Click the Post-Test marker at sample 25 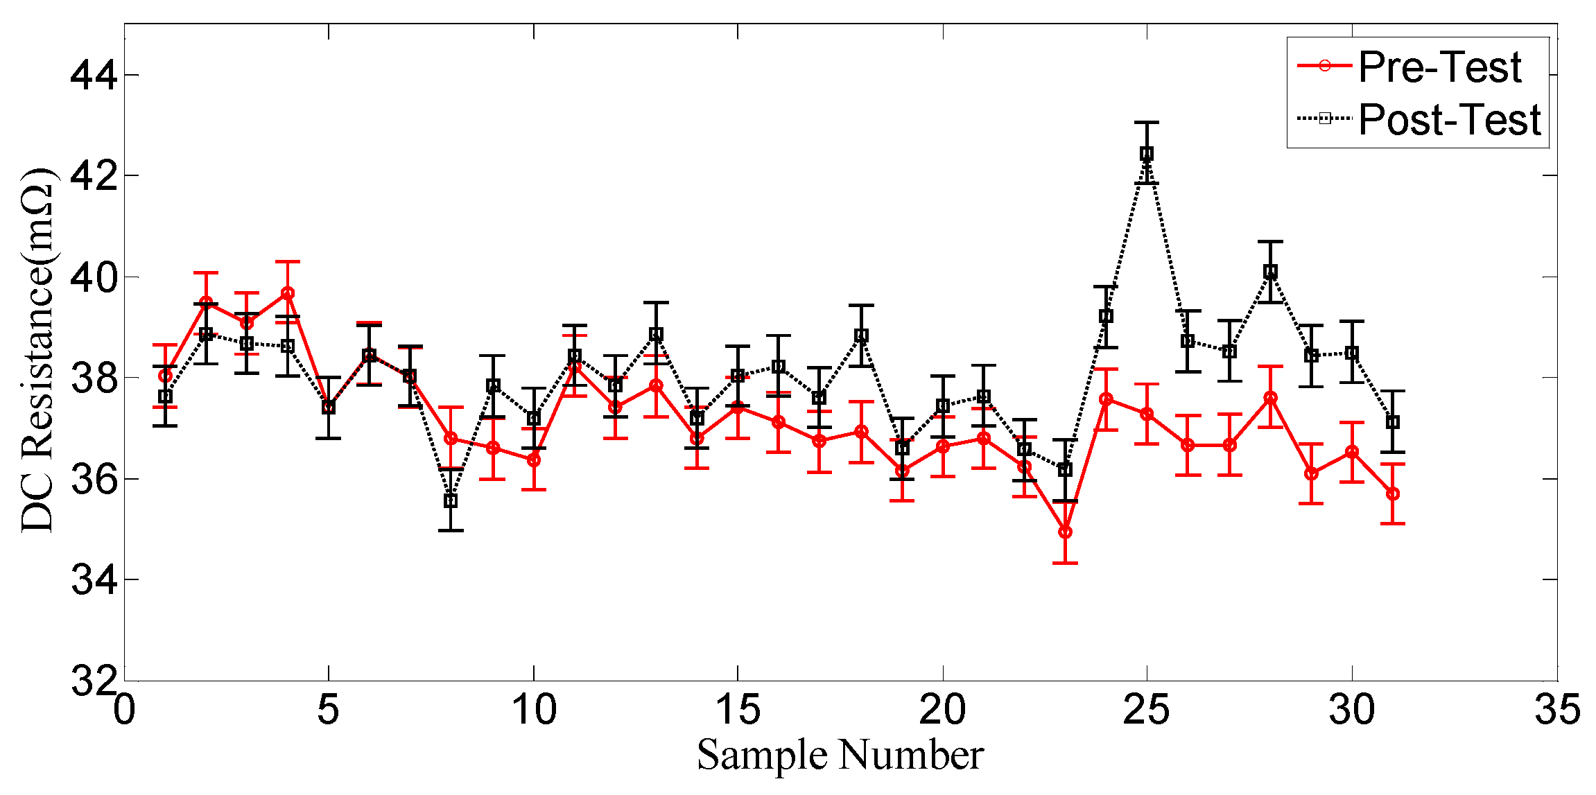(x=1147, y=153)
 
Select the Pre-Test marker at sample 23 (x=1065, y=532)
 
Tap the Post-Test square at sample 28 (x=1270, y=272)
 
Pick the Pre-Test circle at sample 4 (x=288, y=293)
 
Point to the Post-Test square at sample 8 (x=451, y=500)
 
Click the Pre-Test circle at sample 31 (x=1392, y=493)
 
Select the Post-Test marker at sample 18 (x=861, y=335)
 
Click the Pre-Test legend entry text (x=1439, y=67)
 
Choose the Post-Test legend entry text (x=1449, y=119)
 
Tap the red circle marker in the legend (x=1324, y=66)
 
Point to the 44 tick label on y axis (x=94, y=75)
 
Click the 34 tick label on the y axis (x=94, y=579)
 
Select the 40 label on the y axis (x=94, y=277)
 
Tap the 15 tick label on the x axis (x=737, y=710)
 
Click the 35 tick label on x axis (x=1556, y=710)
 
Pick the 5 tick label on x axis (x=328, y=710)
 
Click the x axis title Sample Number (x=840, y=755)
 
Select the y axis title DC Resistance (x=37, y=350)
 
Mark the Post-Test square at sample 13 (x=656, y=334)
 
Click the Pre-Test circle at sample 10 (x=533, y=460)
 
